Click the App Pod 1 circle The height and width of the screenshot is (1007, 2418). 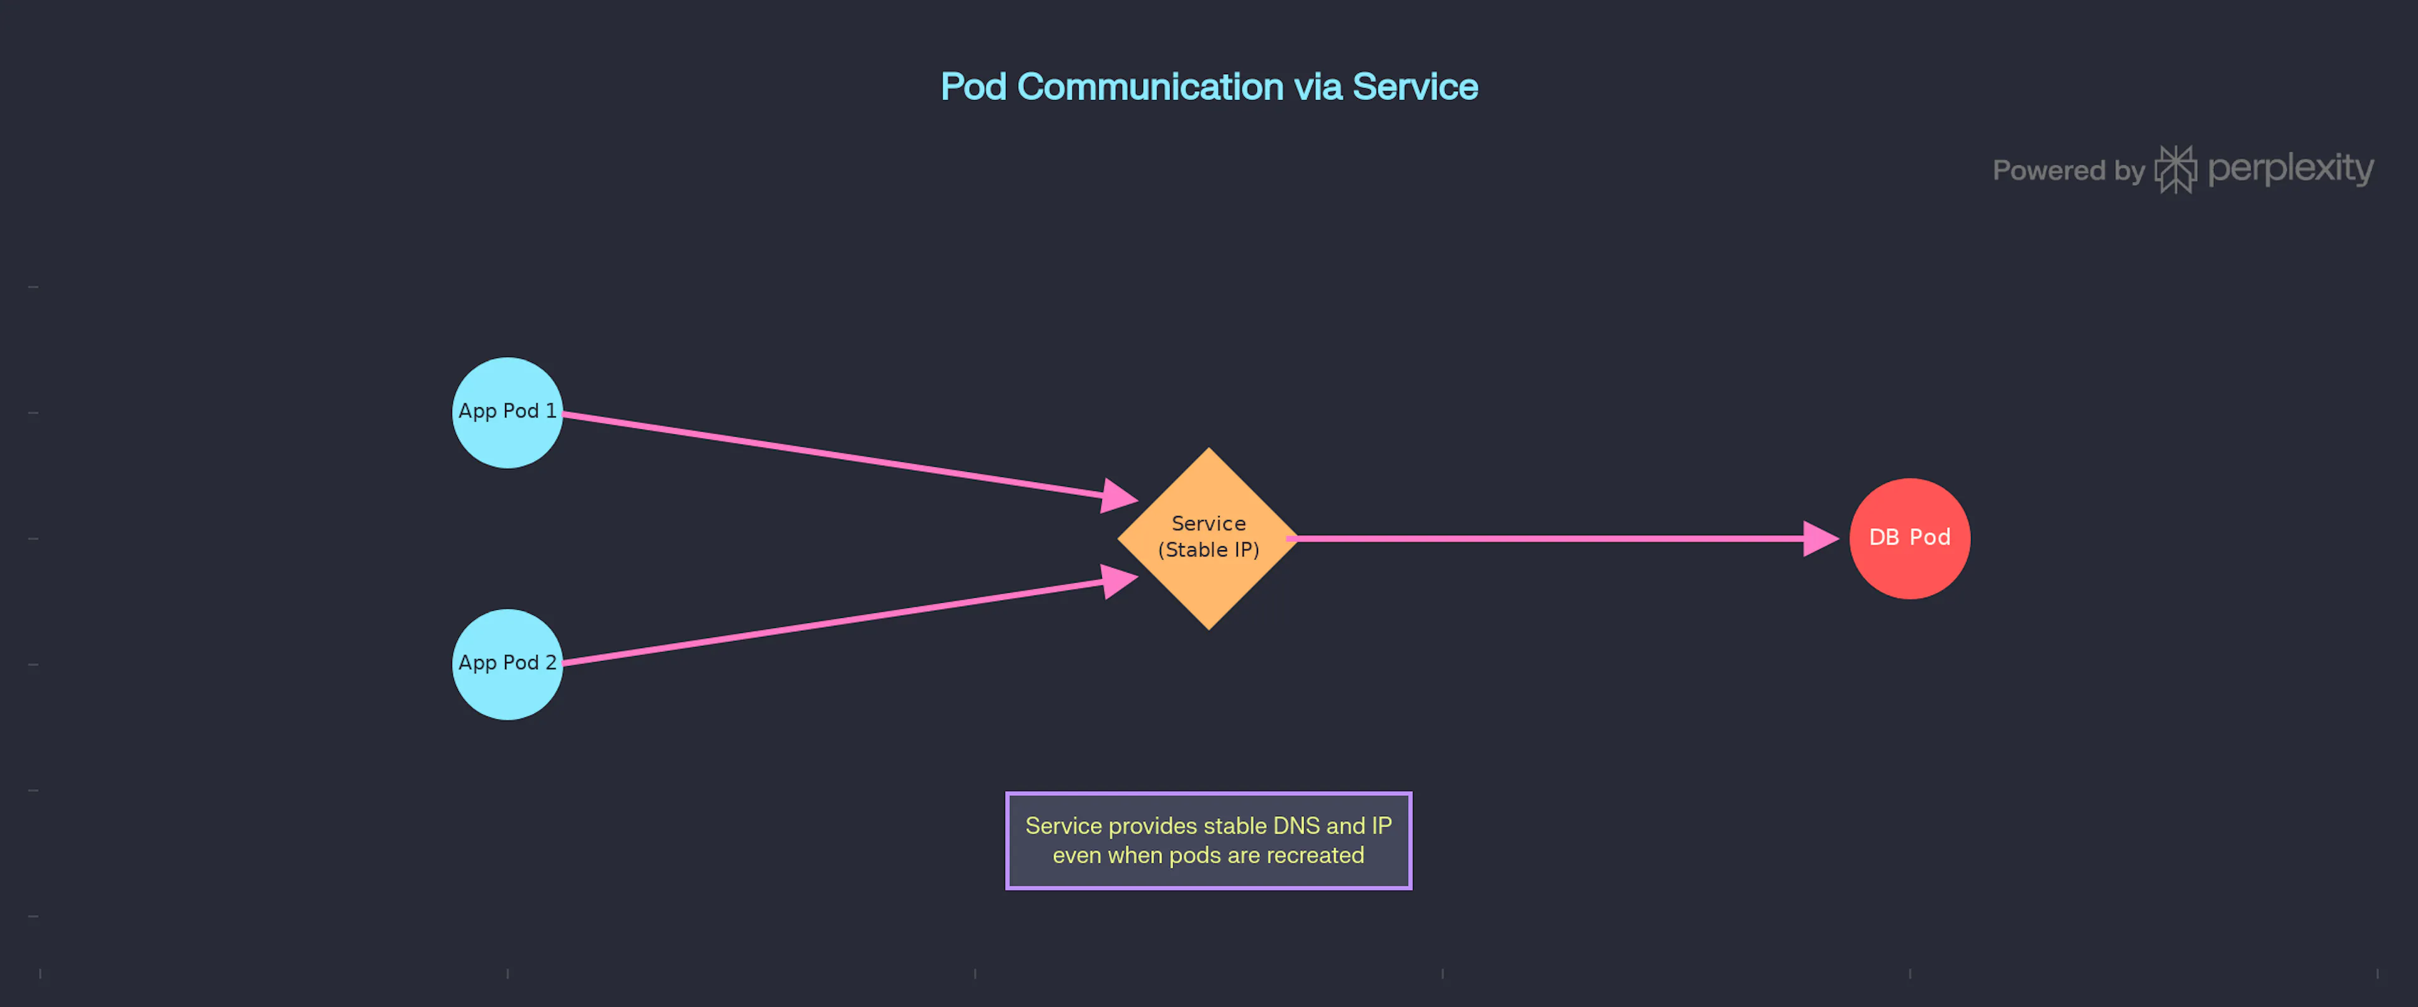(507, 412)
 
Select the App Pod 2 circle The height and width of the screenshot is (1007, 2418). (507, 665)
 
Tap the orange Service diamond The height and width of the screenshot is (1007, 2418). (1209, 539)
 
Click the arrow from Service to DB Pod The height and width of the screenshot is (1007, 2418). (1563, 539)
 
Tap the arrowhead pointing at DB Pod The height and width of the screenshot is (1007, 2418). (1821, 539)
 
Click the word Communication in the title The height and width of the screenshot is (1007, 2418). (1150, 86)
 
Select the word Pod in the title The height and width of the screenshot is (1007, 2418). (973, 86)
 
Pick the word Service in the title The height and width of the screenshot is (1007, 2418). (1416, 86)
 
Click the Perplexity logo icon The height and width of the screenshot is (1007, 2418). (2176, 170)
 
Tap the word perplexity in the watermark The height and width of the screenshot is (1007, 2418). (2290, 169)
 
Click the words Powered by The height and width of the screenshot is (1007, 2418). (2069, 171)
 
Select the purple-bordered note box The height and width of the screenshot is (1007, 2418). (1209, 841)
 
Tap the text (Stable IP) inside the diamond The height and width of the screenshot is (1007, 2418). (1209, 550)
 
